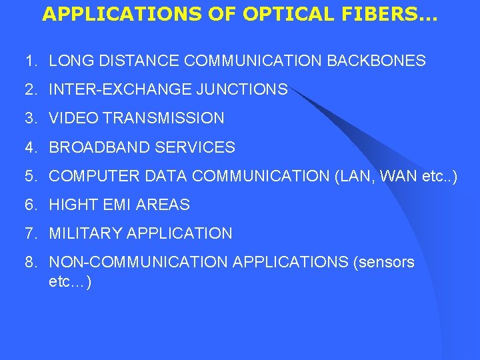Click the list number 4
pos(29,147)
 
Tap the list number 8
pos(29,263)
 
